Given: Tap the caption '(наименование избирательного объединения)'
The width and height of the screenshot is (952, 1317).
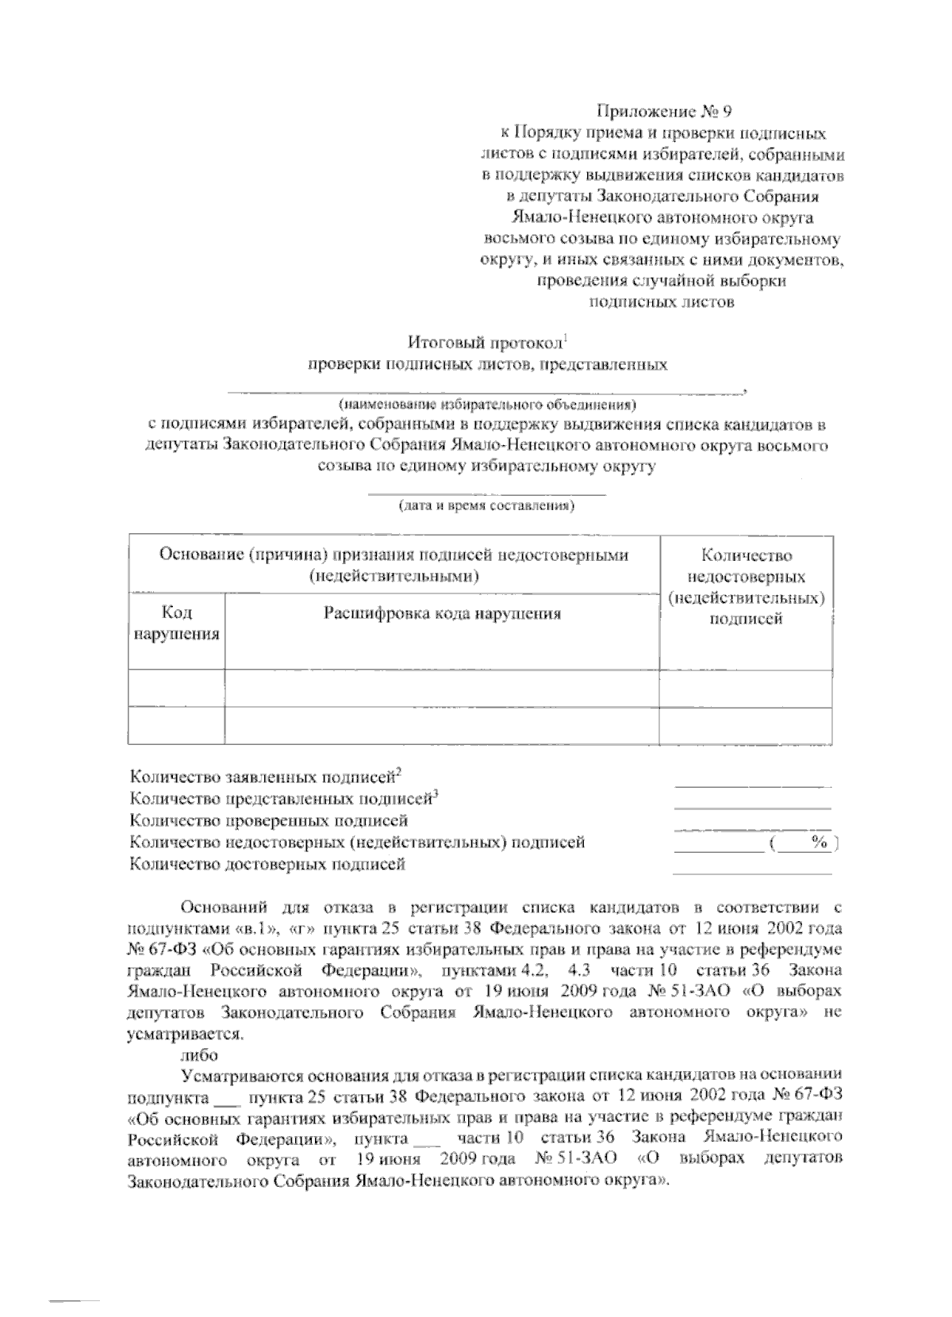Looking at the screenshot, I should [487, 402].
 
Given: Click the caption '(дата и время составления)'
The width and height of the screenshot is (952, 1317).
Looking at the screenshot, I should [486, 506].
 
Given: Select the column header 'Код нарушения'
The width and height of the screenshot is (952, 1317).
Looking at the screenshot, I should [176, 623].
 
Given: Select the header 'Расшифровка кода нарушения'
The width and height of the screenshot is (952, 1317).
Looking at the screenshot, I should [443, 613].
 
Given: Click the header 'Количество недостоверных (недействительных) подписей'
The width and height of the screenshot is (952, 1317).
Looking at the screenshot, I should [746, 587].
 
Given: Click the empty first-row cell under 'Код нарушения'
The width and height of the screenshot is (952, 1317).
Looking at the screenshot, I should [176, 688].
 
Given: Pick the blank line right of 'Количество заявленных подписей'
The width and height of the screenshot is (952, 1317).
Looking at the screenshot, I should [752, 785].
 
